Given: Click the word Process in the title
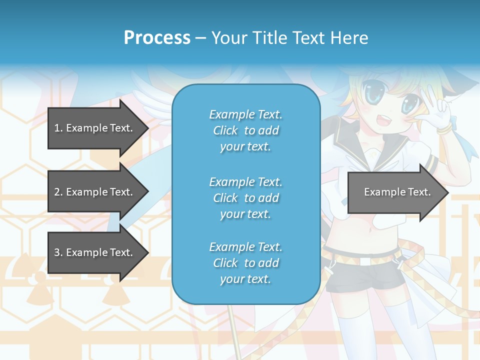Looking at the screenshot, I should (x=157, y=38).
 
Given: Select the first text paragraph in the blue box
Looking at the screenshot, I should (x=245, y=130).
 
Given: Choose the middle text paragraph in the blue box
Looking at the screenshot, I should (x=245, y=198).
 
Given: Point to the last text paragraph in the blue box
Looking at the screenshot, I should (x=245, y=263).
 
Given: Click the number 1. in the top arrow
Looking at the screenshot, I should (x=58, y=128).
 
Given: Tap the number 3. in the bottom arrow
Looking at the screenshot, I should (x=58, y=252).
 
